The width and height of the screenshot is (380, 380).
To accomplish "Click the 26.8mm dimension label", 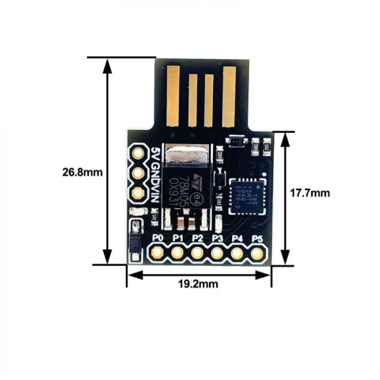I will point(83,173).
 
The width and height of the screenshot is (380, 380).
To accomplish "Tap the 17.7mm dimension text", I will point(310,193).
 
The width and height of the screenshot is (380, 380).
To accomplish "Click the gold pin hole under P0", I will point(157,252).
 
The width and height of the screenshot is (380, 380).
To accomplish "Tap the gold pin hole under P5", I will point(257,252).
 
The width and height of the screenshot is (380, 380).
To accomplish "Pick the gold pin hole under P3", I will point(217,252).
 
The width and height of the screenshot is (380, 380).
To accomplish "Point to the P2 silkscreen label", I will point(197,238).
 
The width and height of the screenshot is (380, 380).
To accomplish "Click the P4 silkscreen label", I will point(237,238).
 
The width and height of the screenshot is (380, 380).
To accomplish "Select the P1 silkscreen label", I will point(178,238).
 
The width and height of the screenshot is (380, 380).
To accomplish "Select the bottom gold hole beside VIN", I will point(138,193).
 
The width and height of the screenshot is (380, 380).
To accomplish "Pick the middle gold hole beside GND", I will point(138,173).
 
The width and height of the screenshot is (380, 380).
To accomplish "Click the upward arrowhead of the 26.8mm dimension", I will point(108,65).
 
